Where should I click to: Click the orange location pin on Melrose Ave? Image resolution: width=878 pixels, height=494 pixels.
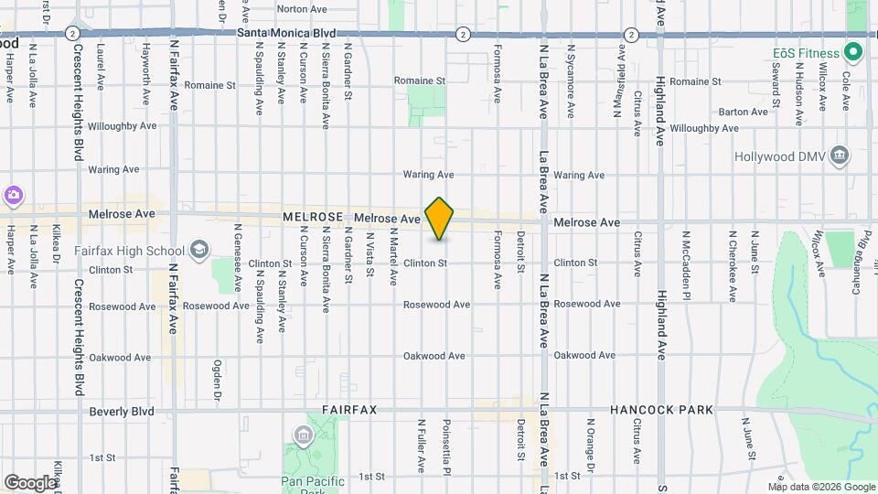(x=440, y=219)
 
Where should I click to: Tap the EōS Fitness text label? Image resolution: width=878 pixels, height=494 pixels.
(x=806, y=53)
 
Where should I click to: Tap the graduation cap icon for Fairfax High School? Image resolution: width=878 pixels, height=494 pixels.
(x=199, y=250)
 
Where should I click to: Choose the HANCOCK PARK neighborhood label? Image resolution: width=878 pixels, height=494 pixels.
(x=660, y=411)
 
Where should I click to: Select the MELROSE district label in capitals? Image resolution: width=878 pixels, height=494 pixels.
(x=313, y=218)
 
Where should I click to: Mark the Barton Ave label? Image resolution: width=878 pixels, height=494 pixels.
(x=744, y=112)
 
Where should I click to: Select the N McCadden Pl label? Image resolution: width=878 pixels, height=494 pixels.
(x=685, y=265)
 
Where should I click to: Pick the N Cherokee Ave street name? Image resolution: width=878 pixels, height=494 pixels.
(x=733, y=265)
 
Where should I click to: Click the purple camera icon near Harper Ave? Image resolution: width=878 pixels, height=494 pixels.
(x=13, y=195)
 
